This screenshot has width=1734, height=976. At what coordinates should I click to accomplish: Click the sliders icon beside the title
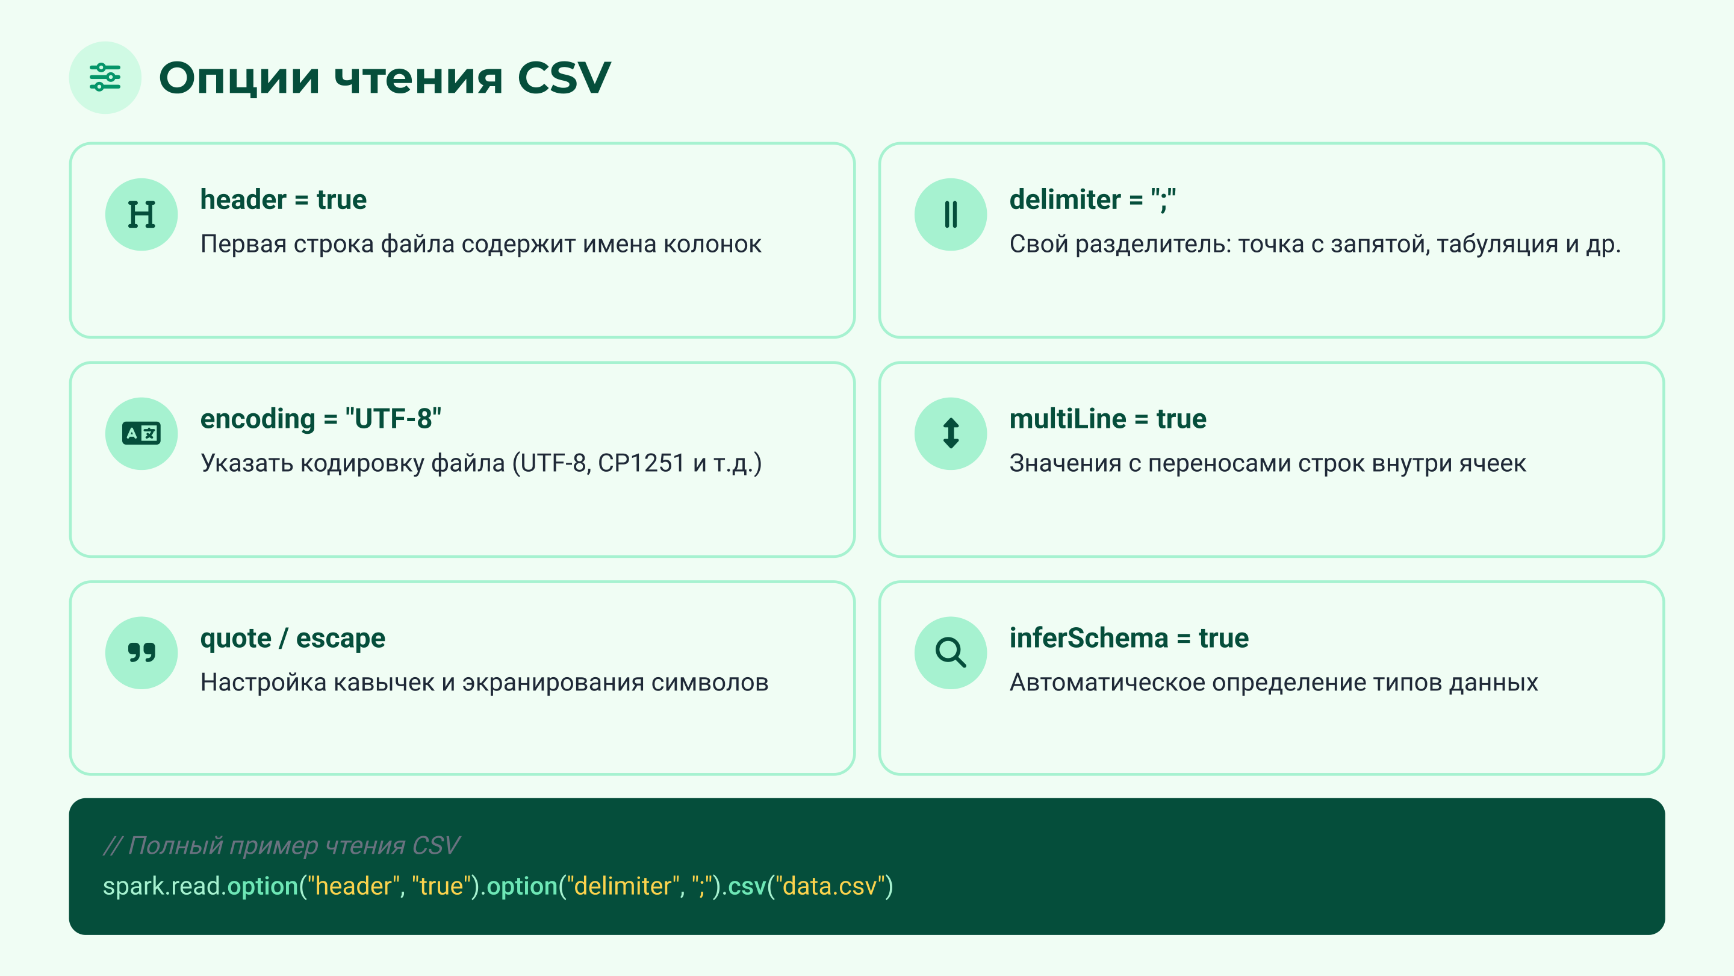click(x=105, y=78)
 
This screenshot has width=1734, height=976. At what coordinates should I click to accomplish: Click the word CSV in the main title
click(x=564, y=78)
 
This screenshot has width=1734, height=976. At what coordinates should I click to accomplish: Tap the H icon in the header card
click(x=141, y=215)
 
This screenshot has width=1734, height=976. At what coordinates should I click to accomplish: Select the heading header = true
click(x=284, y=200)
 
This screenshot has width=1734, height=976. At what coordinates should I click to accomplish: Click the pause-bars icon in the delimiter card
click(x=951, y=215)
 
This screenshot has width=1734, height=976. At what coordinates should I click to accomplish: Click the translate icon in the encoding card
click(x=141, y=434)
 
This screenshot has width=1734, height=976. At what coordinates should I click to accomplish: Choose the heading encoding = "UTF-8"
click(x=320, y=419)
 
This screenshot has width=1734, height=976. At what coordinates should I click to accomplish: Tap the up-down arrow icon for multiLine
click(x=951, y=434)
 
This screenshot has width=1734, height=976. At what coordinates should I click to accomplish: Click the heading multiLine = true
click(x=1107, y=419)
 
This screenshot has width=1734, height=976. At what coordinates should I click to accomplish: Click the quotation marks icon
click(x=141, y=652)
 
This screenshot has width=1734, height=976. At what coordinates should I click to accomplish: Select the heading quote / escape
click(x=293, y=638)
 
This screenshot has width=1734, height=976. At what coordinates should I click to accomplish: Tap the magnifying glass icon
click(x=951, y=652)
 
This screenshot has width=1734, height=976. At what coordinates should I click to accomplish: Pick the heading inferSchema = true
click(x=1129, y=638)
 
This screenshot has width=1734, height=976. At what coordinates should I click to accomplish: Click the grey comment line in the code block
click(x=281, y=845)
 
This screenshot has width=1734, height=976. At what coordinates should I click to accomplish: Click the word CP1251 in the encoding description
click(x=641, y=463)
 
